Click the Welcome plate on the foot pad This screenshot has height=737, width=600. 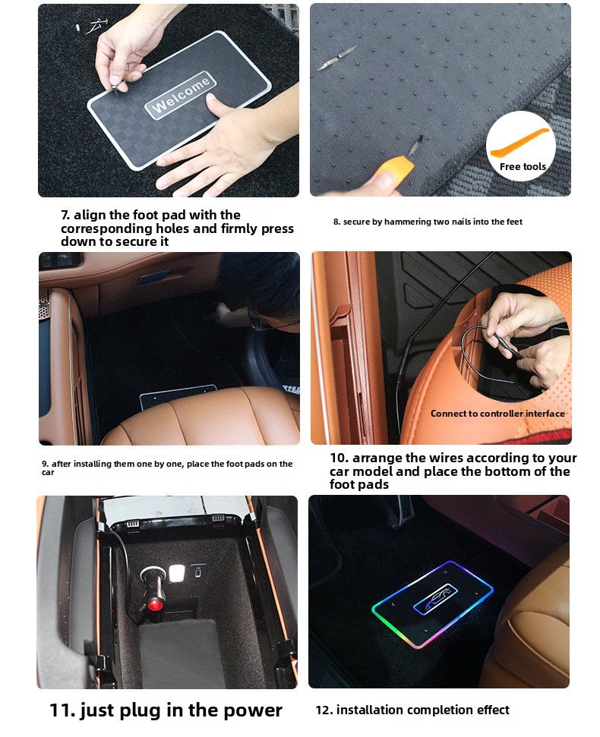(181, 96)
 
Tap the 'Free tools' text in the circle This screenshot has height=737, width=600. (523, 166)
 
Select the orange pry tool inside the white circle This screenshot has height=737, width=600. (519, 143)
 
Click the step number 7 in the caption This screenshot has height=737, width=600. (65, 215)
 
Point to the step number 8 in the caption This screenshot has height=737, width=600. (336, 222)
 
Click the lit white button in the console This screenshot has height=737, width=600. (177, 573)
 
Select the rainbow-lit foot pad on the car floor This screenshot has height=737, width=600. (433, 603)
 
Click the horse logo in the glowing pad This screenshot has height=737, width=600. (435, 600)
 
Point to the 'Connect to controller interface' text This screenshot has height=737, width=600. (497, 414)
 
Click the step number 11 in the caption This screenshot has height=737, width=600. (62, 710)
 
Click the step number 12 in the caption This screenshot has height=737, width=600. (324, 710)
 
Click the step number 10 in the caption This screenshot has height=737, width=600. (339, 458)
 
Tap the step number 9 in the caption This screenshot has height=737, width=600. (45, 464)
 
